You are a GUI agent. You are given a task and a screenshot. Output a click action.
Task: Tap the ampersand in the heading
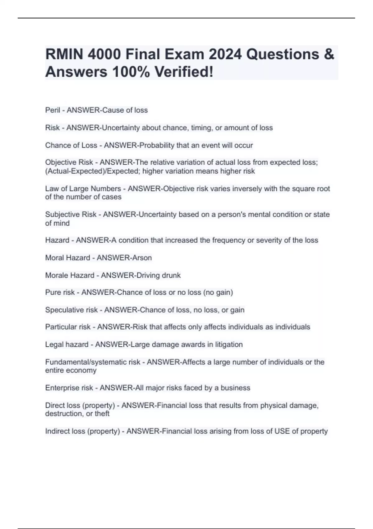(x=329, y=54)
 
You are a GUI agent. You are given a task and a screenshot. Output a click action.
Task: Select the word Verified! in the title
(x=184, y=72)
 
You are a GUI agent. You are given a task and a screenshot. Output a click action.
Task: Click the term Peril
(x=53, y=110)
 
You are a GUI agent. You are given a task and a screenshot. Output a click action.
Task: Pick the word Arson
(x=142, y=258)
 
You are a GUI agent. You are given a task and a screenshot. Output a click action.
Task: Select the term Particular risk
(x=67, y=327)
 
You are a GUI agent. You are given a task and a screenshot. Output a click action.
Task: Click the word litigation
(x=229, y=344)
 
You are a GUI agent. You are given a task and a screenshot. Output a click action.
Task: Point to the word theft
(x=102, y=414)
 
